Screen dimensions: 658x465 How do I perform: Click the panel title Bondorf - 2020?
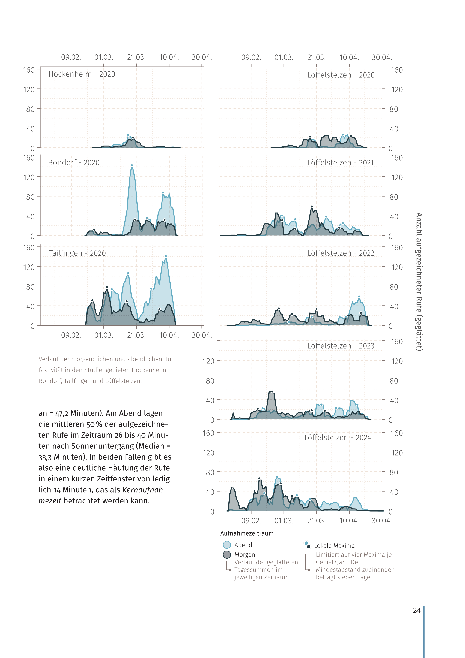click(x=74, y=163)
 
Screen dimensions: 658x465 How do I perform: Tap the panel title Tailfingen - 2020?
click(x=77, y=253)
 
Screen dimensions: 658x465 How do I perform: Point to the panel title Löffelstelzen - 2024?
click(x=338, y=438)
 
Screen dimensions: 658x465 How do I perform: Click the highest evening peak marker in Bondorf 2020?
click(x=132, y=165)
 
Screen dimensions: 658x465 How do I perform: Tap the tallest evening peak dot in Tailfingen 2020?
click(x=166, y=256)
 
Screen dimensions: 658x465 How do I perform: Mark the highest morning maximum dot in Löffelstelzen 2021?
click(x=311, y=207)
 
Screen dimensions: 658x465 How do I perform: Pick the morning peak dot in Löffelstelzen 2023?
click(x=272, y=391)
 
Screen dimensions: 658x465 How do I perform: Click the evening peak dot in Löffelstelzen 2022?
click(x=359, y=297)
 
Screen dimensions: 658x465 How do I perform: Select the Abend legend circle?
click(x=227, y=545)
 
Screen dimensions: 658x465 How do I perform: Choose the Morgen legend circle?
click(x=227, y=554)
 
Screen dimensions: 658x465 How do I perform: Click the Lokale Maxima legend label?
click(x=334, y=546)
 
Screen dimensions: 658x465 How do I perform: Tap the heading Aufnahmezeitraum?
click(x=247, y=533)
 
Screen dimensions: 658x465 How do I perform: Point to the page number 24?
click(x=417, y=610)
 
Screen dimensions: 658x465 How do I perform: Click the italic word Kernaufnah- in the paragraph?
click(x=144, y=490)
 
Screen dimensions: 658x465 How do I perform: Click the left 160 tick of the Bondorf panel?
click(x=29, y=158)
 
